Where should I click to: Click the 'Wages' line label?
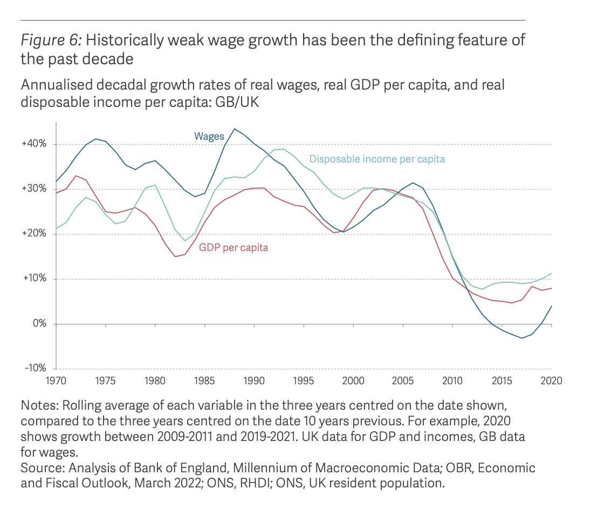click(x=209, y=137)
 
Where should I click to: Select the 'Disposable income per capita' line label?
click(x=377, y=159)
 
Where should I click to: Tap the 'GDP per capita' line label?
click(x=233, y=248)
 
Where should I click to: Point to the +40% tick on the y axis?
click(x=35, y=144)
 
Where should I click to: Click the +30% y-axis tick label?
click(x=35, y=189)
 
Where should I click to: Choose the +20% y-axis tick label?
click(x=35, y=234)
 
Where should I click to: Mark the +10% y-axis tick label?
click(x=35, y=279)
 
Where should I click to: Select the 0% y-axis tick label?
click(x=39, y=324)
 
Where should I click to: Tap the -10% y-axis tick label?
click(x=36, y=368)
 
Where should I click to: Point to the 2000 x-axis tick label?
click(x=353, y=381)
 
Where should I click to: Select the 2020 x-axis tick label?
click(x=551, y=381)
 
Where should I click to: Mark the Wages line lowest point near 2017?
click(x=521, y=338)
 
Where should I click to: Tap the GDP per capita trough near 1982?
click(x=175, y=256)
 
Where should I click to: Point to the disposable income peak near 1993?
click(x=284, y=149)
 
